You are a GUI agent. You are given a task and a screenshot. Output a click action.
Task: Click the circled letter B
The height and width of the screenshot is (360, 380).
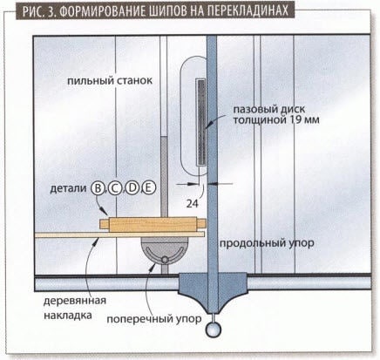tap(98, 188)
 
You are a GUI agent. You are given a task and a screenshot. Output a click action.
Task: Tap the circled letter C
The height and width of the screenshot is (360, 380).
tap(115, 188)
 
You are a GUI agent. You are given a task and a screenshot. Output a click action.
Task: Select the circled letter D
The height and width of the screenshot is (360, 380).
tap(132, 188)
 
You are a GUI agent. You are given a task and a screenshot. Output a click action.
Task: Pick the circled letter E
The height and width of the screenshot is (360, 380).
tap(149, 188)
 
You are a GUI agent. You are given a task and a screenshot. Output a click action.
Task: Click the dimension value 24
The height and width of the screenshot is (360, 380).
tap(193, 204)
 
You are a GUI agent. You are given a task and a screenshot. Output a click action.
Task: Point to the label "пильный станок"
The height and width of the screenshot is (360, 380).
tap(110, 80)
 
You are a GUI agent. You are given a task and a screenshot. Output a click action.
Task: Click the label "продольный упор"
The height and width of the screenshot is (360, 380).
tap(267, 243)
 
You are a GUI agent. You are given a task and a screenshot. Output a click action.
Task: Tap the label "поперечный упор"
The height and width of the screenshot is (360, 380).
tap(154, 319)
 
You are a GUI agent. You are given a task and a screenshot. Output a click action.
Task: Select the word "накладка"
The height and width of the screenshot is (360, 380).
tap(68, 315)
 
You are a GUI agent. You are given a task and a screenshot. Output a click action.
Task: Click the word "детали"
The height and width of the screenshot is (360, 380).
tap(69, 188)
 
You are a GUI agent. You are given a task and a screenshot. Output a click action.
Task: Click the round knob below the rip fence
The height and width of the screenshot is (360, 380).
tap(214, 329)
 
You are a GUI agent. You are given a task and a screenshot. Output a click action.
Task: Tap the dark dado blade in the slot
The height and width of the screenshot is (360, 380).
tap(201, 122)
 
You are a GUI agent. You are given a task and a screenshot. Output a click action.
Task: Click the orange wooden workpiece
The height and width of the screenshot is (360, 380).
tap(153, 225)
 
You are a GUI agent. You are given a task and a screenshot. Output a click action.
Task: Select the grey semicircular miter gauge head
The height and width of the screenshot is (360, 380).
tap(165, 250)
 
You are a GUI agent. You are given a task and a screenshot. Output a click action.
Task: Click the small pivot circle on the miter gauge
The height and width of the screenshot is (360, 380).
tap(165, 259)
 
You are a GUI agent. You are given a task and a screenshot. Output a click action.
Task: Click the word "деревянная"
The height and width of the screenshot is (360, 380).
tap(75, 301)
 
